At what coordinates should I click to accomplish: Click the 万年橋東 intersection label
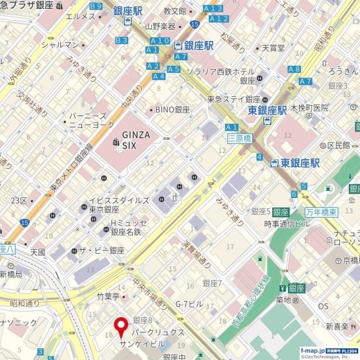pos(321,211)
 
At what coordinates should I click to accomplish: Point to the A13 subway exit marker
pos(213,8)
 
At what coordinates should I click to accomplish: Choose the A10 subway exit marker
pos(160,40)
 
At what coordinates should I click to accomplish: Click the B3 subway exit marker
pos(121,40)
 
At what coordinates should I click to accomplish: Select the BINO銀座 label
pos(173,110)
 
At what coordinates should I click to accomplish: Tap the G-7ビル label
pos(189,304)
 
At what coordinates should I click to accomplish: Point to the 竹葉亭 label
pos(109,296)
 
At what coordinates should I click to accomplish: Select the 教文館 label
pos(174,11)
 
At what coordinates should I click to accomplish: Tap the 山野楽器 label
pos(160,26)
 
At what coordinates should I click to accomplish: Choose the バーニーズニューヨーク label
pos(91,120)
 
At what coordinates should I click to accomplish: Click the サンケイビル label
pos(141,343)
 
